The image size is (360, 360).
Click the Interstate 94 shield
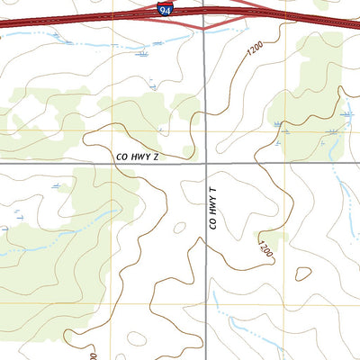(x=164, y=10)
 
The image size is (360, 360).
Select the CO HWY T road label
(x=213, y=208)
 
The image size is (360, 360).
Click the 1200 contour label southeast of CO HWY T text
(x=265, y=251)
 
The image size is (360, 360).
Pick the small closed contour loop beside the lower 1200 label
(x=303, y=274)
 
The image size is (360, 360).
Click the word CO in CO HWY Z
(x=121, y=157)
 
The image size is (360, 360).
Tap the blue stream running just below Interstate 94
(x=90, y=43)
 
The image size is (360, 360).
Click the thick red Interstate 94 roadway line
(x=90, y=18)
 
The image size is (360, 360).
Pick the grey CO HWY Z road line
(x=54, y=163)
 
